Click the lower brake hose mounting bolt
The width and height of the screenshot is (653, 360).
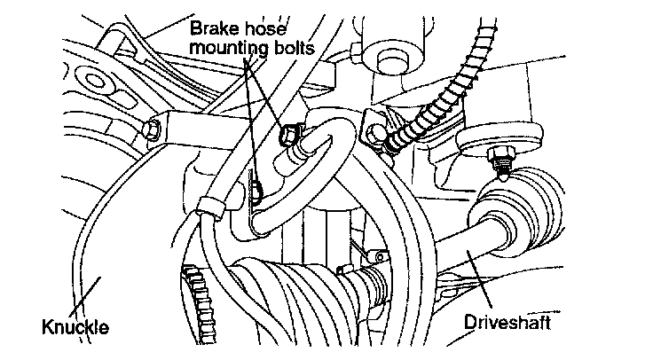256,190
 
